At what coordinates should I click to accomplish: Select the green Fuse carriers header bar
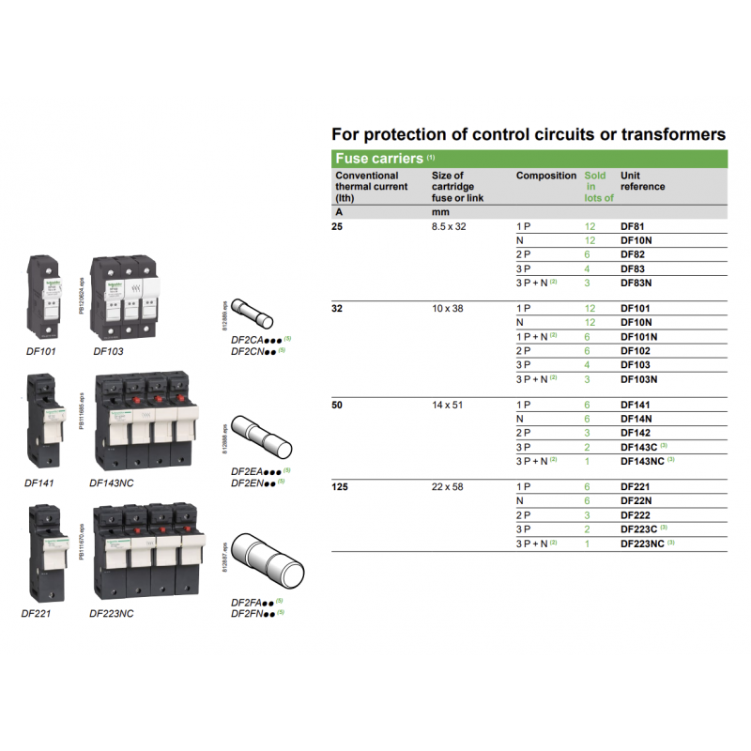529,159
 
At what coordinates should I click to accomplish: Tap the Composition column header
545,176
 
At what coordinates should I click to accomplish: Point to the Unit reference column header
643,181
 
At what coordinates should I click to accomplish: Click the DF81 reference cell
633,227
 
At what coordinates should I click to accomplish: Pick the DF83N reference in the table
636,283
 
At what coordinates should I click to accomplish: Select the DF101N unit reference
638,336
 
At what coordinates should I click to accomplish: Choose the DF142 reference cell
636,433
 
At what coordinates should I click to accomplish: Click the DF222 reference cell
636,515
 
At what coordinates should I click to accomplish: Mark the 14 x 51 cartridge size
448,405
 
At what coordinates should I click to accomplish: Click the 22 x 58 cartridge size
448,487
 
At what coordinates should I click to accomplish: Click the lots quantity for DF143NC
589,461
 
